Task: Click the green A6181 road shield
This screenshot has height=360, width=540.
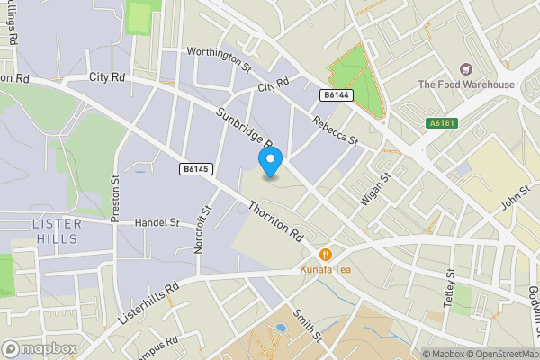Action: [x=438, y=121]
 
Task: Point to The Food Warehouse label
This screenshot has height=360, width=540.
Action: [x=466, y=85]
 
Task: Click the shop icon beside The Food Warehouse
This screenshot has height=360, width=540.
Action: [x=466, y=68]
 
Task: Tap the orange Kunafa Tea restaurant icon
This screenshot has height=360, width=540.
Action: [x=332, y=255]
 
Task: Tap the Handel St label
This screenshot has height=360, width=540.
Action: [x=157, y=221]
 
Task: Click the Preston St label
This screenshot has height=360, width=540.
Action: [x=114, y=200]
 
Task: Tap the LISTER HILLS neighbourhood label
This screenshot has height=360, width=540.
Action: [x=56, y=231]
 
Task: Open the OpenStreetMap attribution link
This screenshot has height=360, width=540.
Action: [x=499, y=354]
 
